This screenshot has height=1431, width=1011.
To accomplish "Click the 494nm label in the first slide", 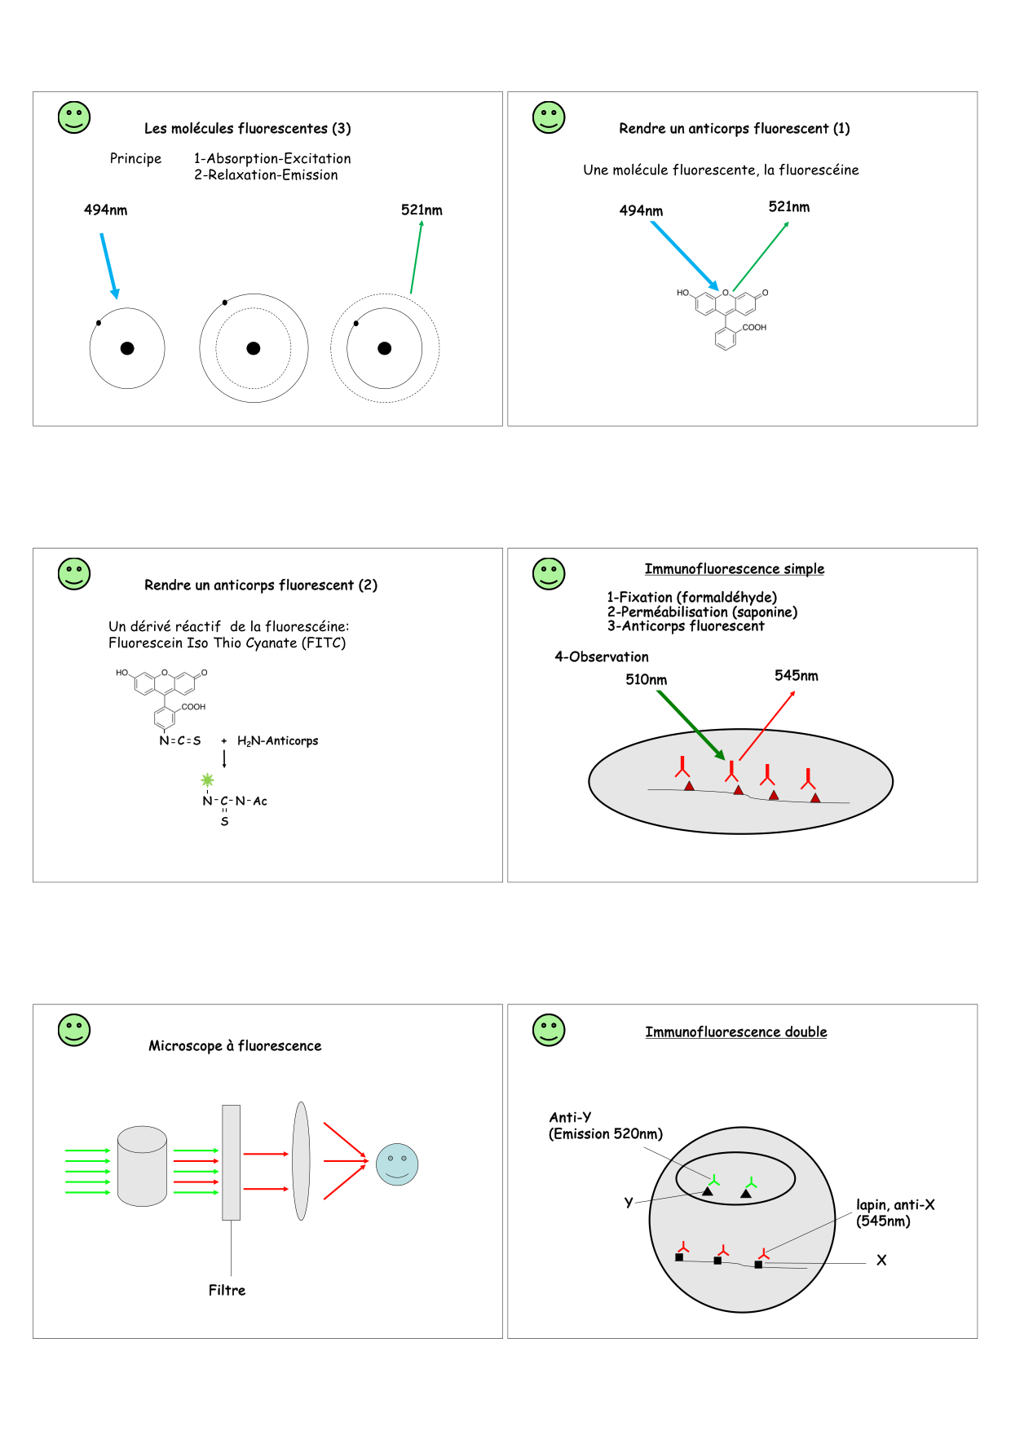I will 105,210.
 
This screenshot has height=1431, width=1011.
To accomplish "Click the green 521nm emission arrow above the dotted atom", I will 416,258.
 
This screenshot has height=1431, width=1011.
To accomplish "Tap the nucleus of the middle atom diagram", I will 254,348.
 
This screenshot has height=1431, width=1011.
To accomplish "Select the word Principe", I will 135,159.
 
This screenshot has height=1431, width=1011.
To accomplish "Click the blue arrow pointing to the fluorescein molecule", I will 685,255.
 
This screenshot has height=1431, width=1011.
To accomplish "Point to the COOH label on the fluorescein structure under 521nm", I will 754,328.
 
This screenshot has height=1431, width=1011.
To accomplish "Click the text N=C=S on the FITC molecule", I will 180,741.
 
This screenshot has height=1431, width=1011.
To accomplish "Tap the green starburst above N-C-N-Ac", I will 207,780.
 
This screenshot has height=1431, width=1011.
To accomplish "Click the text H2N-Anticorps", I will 277,741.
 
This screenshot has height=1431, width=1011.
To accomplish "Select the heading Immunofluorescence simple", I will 734,569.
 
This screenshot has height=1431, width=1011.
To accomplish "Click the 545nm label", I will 796,676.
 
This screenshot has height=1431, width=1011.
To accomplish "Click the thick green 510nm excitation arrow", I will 691,725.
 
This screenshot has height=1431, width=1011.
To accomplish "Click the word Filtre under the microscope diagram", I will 227,1290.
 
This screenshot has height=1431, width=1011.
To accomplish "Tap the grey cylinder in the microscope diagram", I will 143,1166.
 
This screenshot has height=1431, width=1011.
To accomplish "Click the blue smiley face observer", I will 397,1164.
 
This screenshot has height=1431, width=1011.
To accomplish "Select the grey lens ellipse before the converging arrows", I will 301,1161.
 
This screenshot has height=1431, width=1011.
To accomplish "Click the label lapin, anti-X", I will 895,1205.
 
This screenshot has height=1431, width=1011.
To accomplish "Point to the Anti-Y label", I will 571,1118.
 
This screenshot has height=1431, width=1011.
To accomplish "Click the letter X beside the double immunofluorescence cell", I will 881,1261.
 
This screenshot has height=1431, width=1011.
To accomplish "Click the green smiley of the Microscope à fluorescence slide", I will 74,1030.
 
